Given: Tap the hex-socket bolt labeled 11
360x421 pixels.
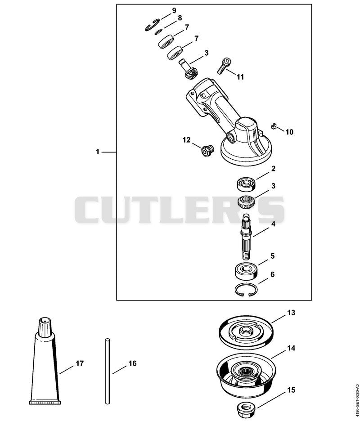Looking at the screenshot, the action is pyautogui.click(x=225, y=66).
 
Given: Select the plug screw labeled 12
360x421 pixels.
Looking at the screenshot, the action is pyautogui.click(x=207, y=151).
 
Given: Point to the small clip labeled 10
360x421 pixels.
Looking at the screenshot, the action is pyautogui.click(x=273, y=125).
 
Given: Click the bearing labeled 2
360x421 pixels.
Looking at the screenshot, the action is pyautogui.click(x=246, y=184).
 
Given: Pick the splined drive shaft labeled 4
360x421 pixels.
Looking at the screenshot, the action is pyautogui.click(x=247, y=236).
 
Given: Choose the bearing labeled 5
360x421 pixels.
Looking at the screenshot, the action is pyautogui.click(x=246, y=271).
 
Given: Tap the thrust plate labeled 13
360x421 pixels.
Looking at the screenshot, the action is pyautogui.click(x=246, y=332).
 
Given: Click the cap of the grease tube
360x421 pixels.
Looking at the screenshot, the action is pyautogui.click(x=45, y=327).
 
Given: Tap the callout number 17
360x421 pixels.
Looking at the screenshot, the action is pyautogui.click(x=80, y=363).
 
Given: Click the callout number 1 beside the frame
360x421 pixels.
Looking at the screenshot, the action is pyautogui.click(x=98, y=152).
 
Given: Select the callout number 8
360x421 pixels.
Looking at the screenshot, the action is pyautogui.click(x=180, y=18).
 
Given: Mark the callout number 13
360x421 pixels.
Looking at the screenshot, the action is pyautogui.click(x=291, y=313).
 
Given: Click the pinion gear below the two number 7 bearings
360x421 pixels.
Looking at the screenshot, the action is pyautogui.click(x=189, y=69).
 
